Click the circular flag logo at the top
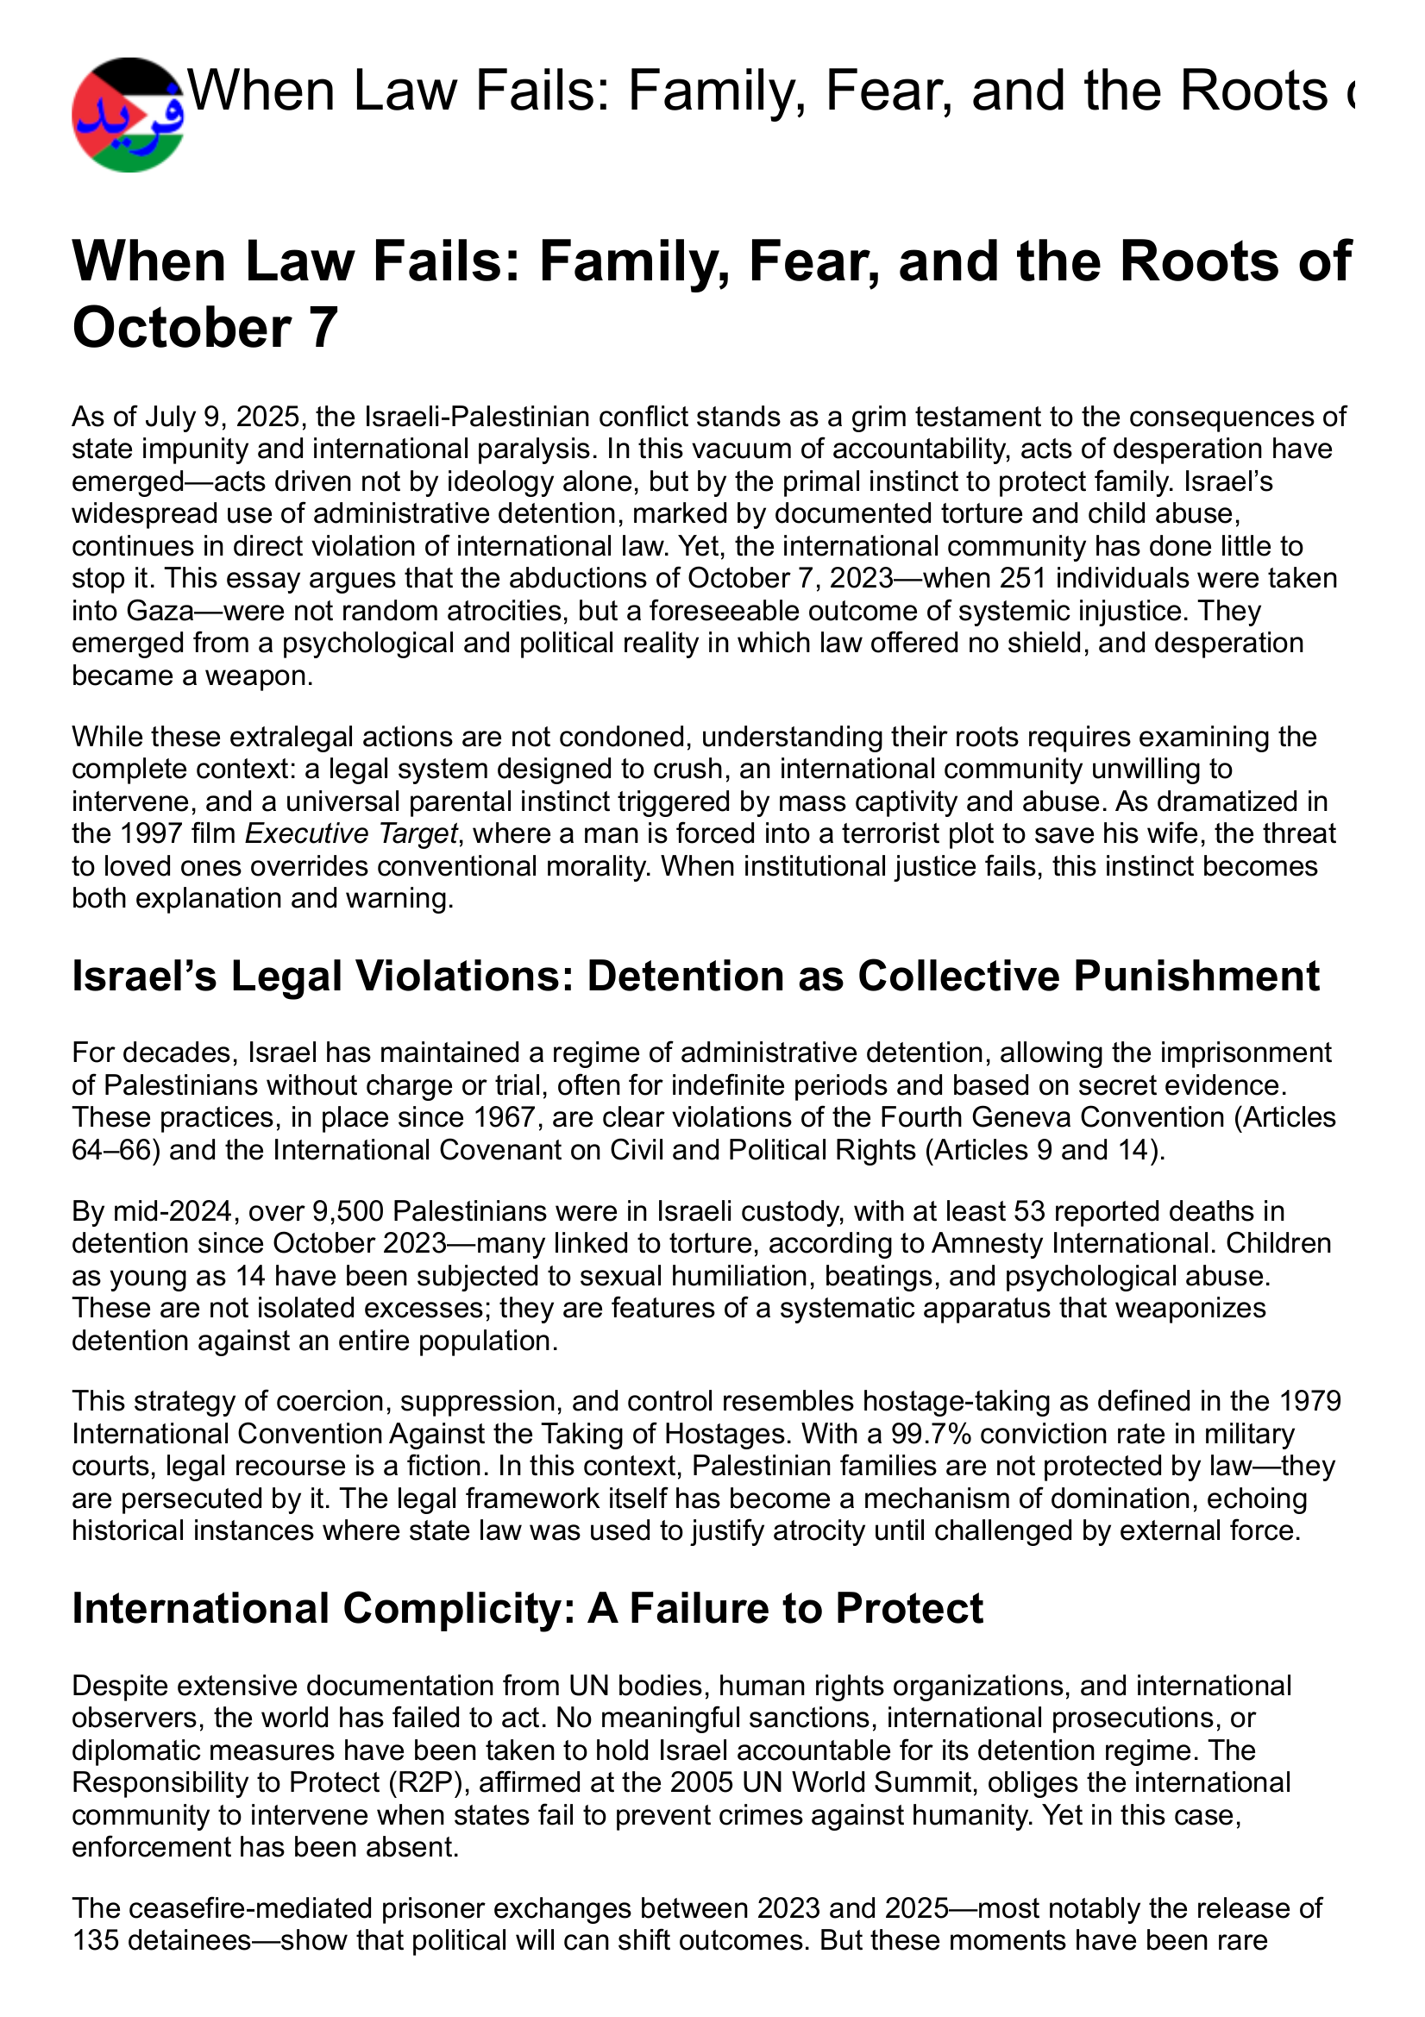(129, 114)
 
